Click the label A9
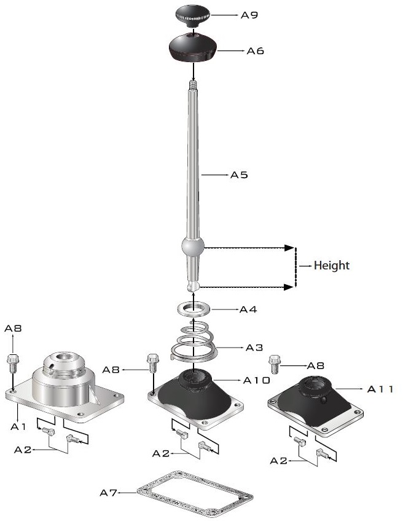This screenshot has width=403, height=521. tap(249, 15)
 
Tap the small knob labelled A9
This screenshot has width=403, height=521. tap(192, 15)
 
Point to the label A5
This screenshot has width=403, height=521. tap(239, 175)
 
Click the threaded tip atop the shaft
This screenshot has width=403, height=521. tap(193, 86)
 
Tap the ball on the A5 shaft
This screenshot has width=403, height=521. tap(192, 247)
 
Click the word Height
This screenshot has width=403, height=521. tap(331, 266)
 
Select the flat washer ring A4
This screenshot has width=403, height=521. tap(194, 309)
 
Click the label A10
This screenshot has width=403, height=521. tap(257, 380)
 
